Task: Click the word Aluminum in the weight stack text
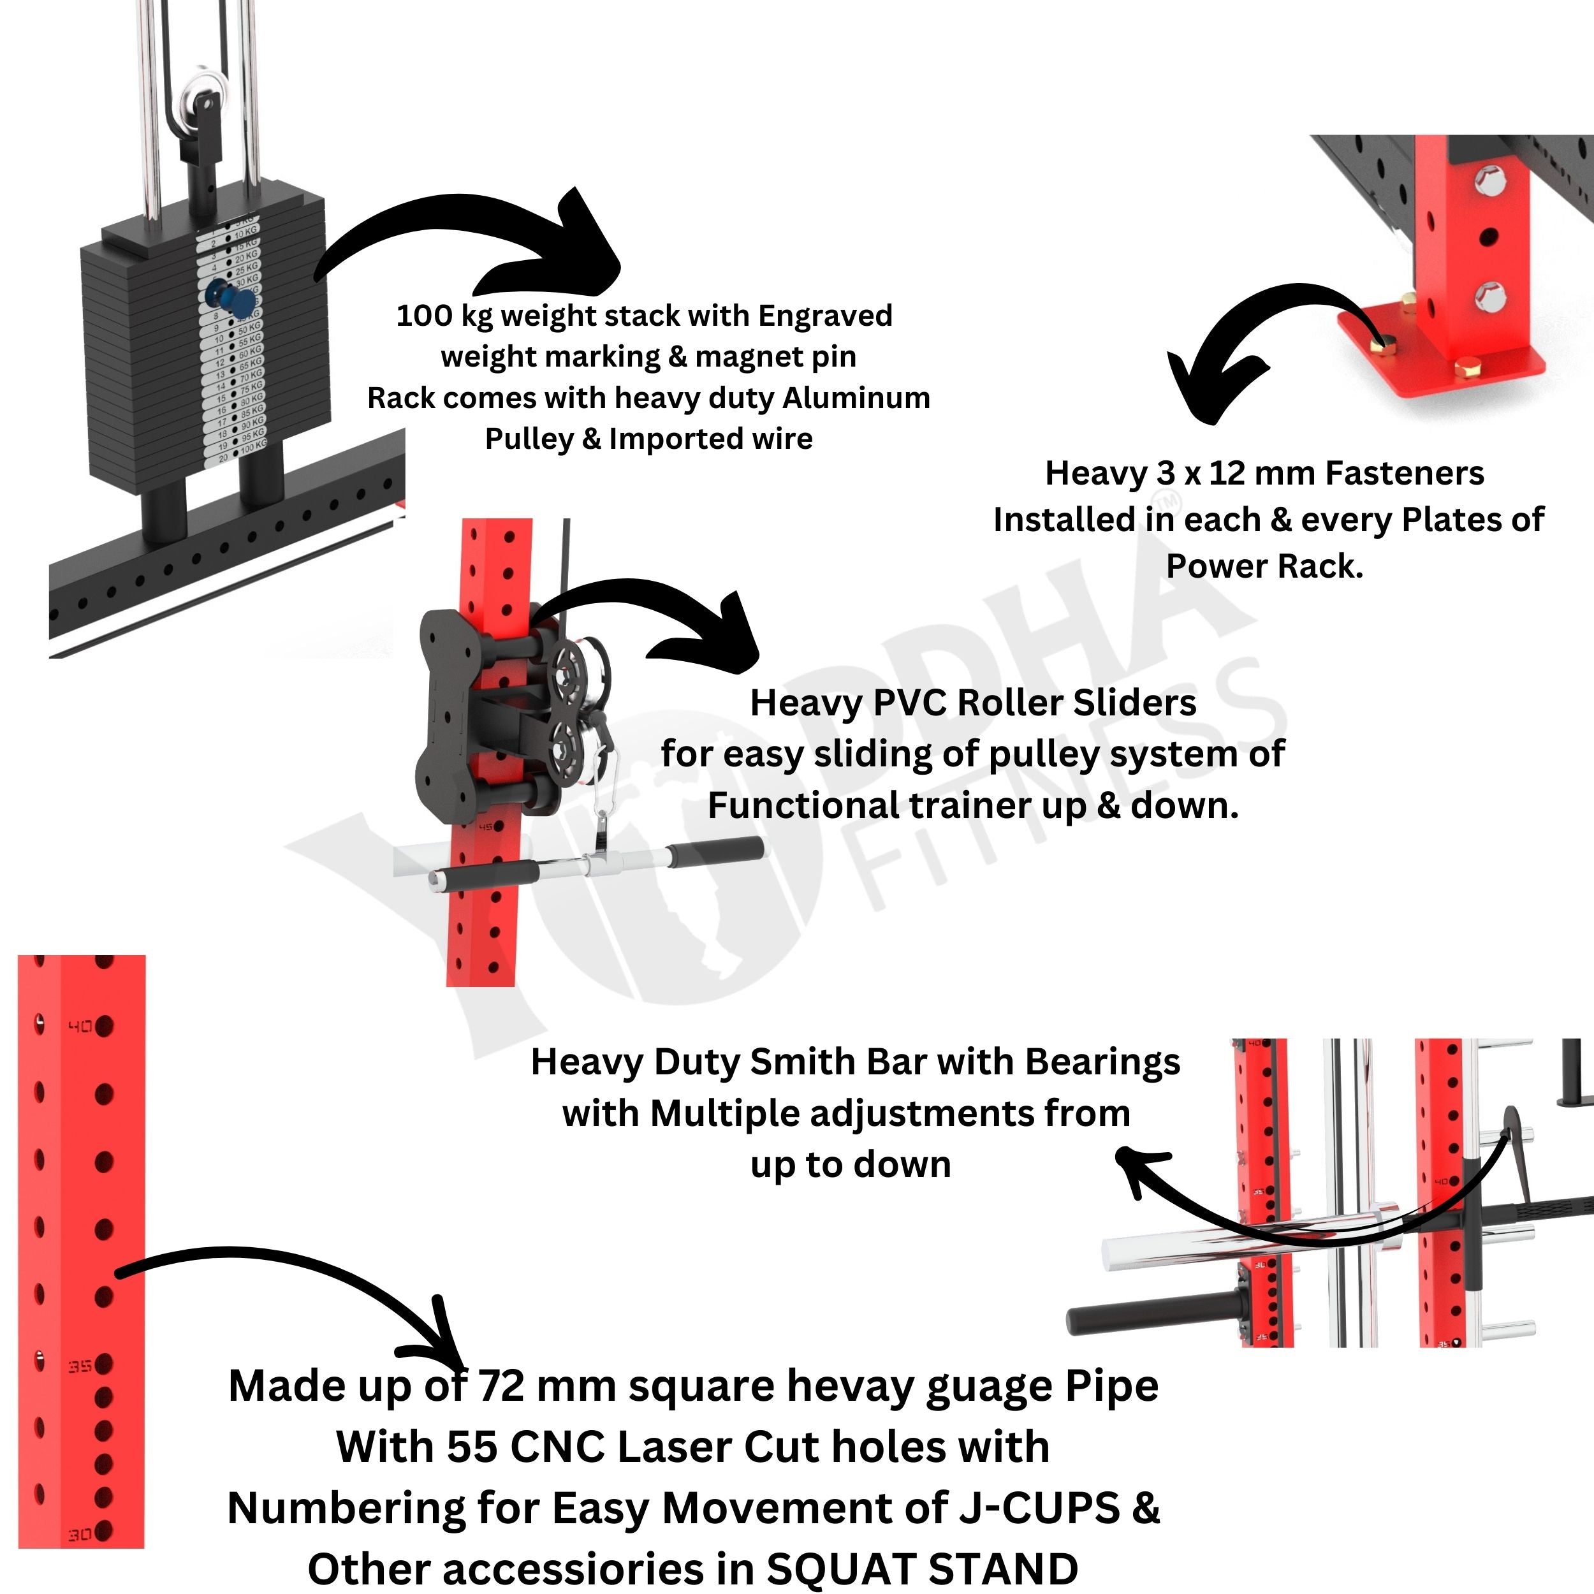[856, 398]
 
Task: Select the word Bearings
[1102, 1062]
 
